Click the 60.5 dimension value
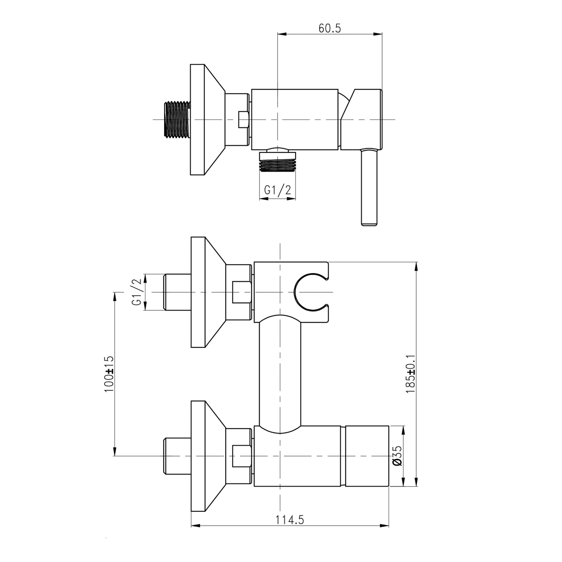pos(329,28)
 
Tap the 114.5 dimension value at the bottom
pos(290,520)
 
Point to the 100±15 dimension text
pos(109,374)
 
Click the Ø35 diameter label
pos(396,456)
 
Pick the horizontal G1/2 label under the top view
pos(277,190)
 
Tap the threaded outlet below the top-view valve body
pos(277,162)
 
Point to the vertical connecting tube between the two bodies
pos(280,373)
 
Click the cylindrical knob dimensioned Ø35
pos(367,456)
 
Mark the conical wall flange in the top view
pos(206,119)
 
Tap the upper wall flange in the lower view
pos(206,292)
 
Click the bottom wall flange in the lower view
pos(206,456)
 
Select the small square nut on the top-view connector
pos(243,119)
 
